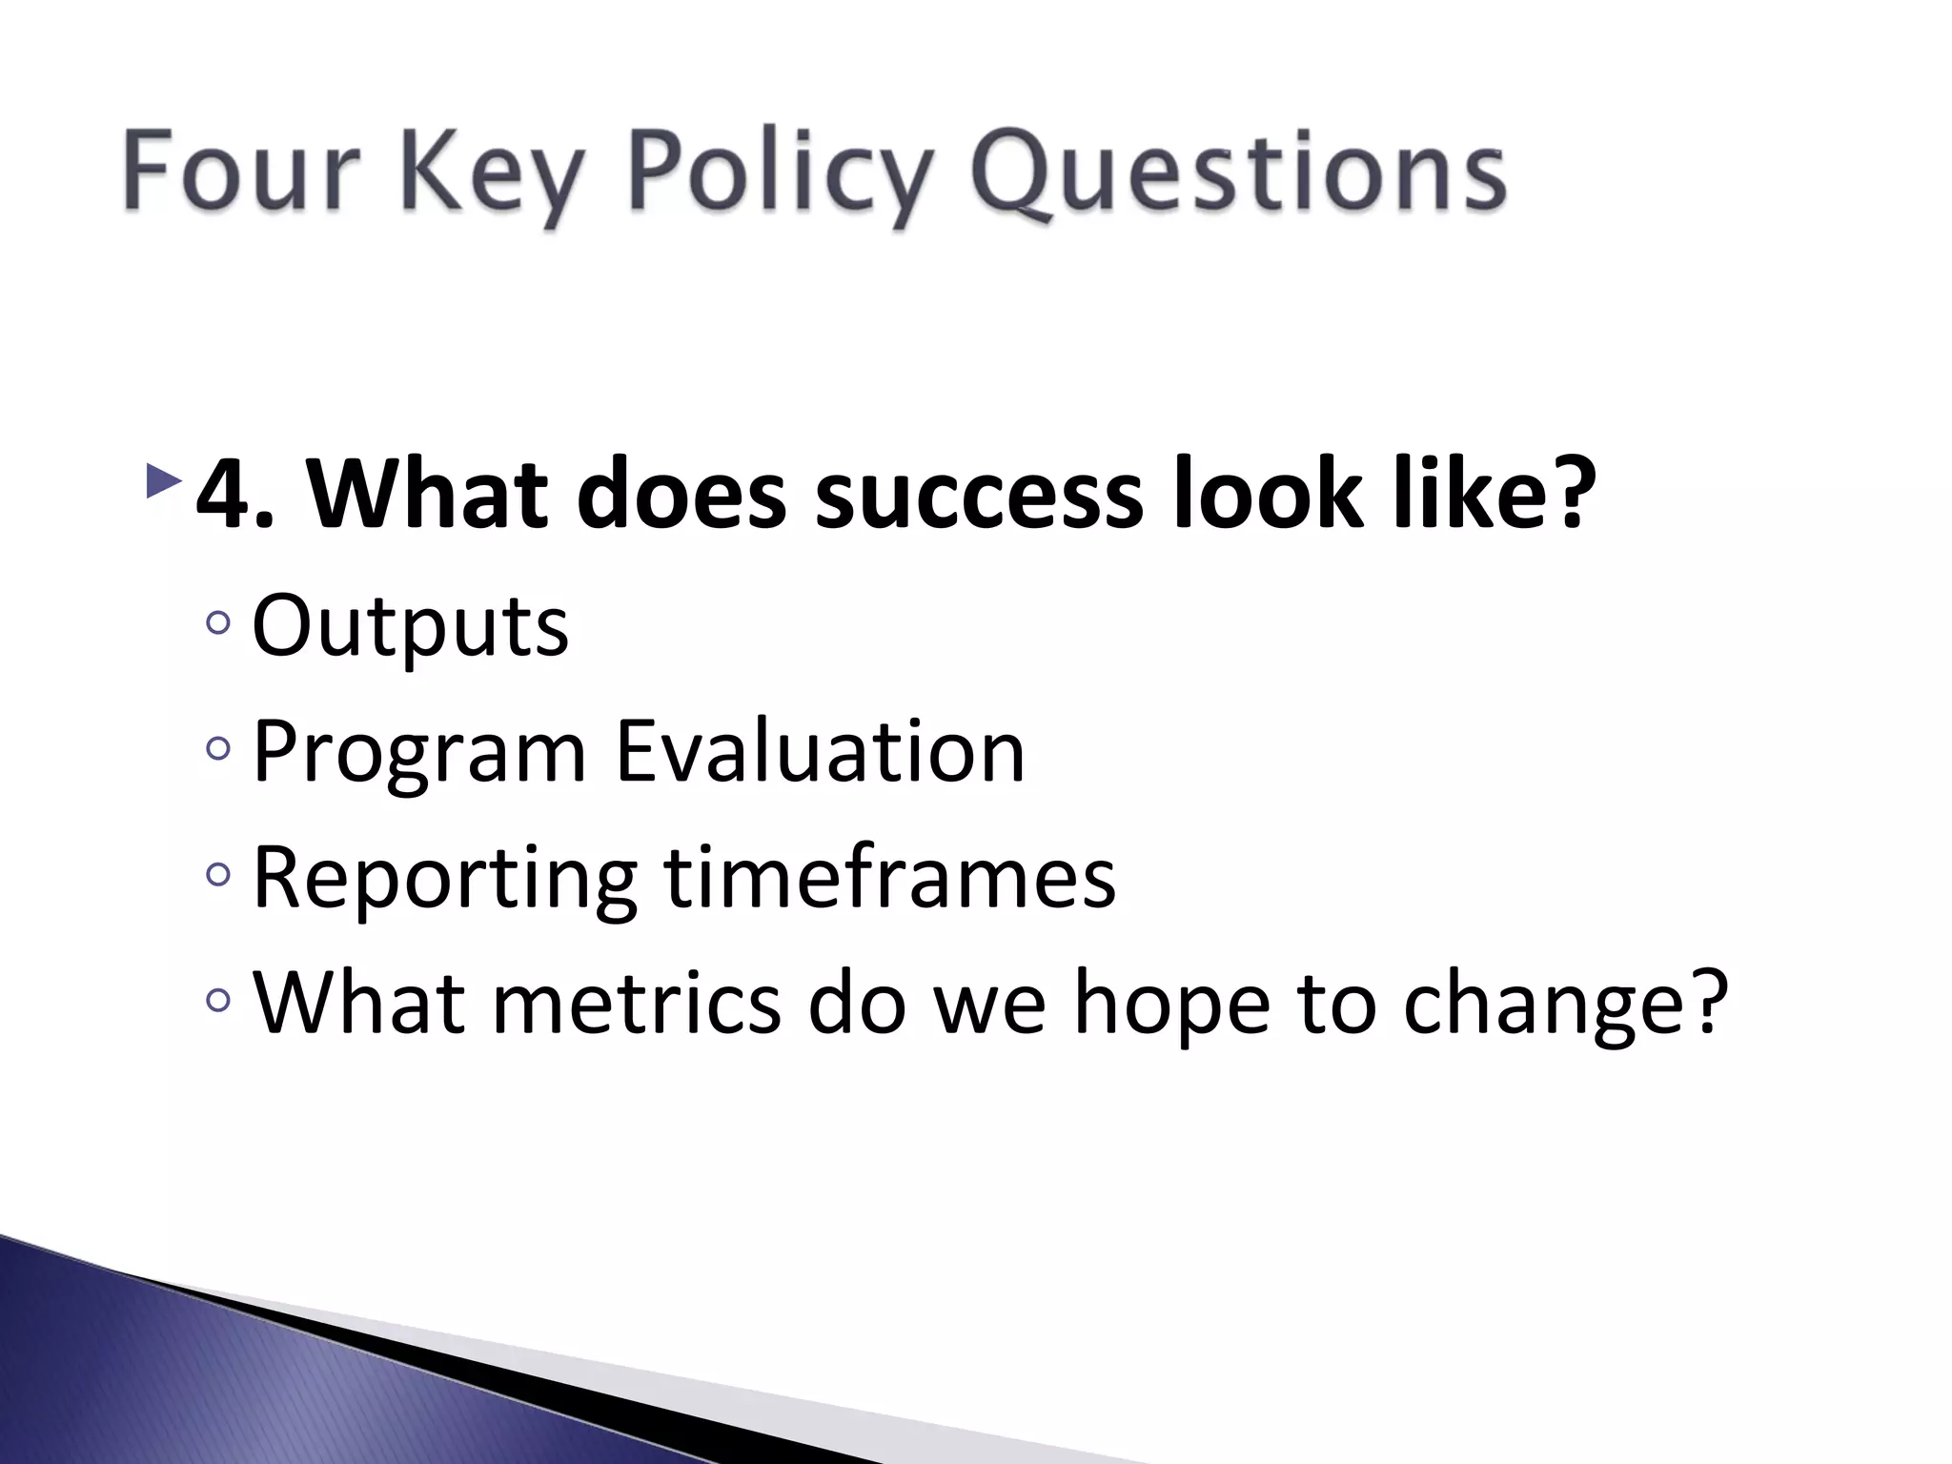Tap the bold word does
point(681,494)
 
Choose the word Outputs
point(410,627)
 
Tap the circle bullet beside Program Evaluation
point(217,749)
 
